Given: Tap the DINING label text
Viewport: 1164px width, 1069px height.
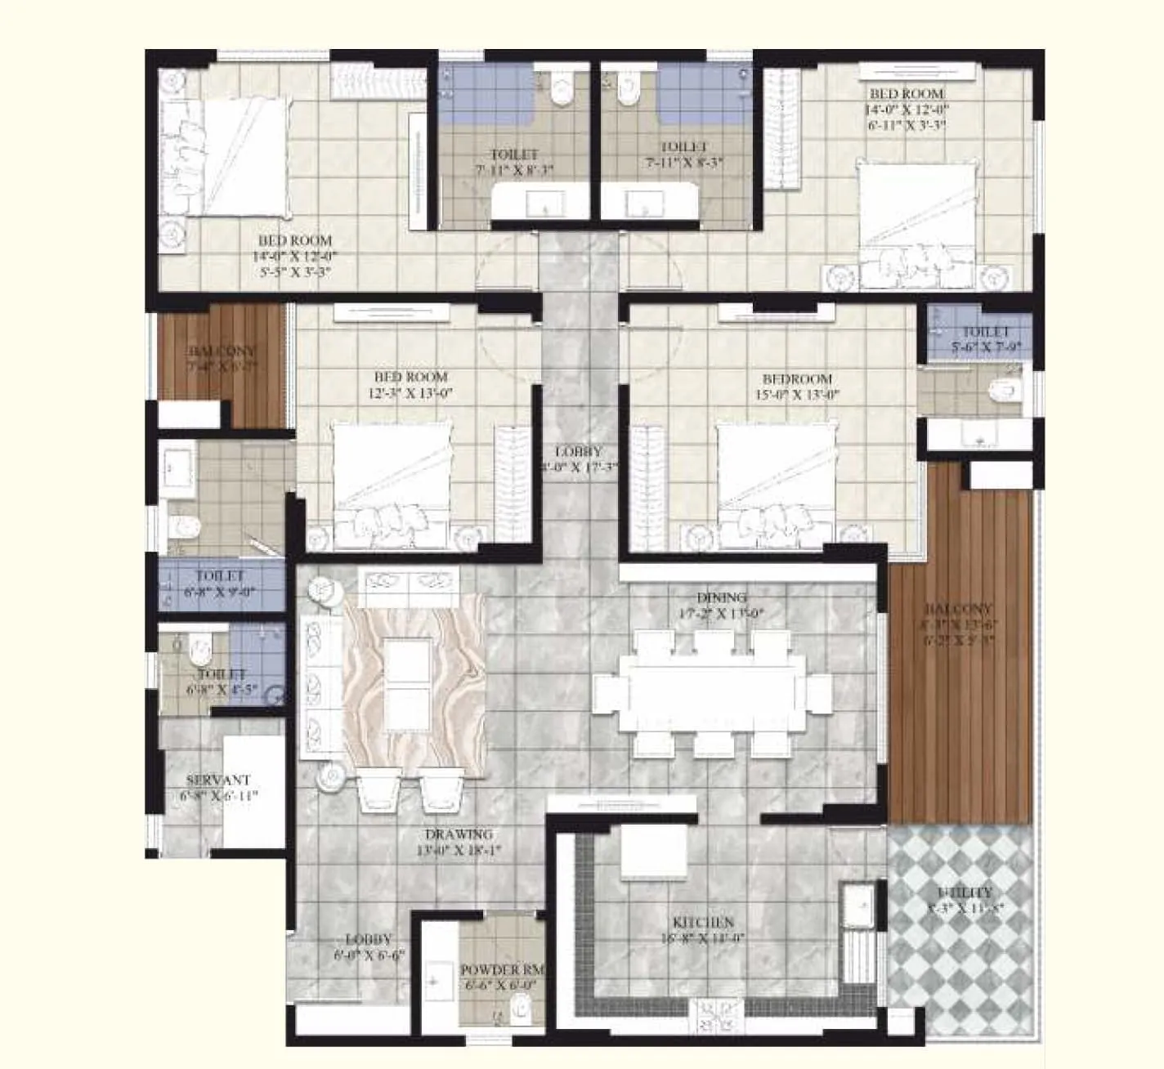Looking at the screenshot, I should pyautogui.click(x=722, y=597).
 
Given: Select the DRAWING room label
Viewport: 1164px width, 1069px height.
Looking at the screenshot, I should pyautogui.click(x=459, y=834).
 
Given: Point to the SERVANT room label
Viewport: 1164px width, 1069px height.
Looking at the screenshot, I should pyautogui.click(x=217, y=780).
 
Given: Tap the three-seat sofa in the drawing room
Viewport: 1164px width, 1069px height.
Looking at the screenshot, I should pyautogui.click(x=320, y=687).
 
